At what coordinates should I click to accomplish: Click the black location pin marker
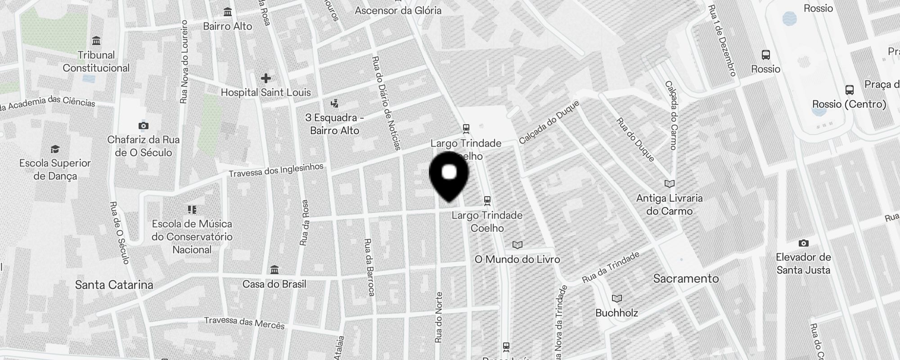tap(449, 175)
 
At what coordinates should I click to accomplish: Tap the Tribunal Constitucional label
tap(96, 62)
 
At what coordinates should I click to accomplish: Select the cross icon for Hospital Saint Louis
tap(265, 78)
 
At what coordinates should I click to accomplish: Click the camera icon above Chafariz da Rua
tap(143, 126)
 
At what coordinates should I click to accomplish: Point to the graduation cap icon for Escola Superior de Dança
tap(55, 149)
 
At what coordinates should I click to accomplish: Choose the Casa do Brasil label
tap(274, 284)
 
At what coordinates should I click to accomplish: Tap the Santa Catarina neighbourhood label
tap(114, 284)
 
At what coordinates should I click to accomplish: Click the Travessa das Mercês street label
tap(244, 322)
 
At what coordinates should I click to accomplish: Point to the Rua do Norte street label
tap(439, 317)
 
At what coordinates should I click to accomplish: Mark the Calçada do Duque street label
tap(549, 122)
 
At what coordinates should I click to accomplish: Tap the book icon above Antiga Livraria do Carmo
tap(670, 184)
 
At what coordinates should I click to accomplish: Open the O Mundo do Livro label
tap(517, 259)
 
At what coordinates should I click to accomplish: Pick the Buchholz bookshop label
tap(616, 313)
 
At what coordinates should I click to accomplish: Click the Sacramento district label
tap(686, 279)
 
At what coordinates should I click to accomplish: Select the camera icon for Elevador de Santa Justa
tap(803, 243)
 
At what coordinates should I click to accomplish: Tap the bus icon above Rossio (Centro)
tap(849, 90)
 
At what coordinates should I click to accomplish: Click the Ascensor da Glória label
tap(398, 10)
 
